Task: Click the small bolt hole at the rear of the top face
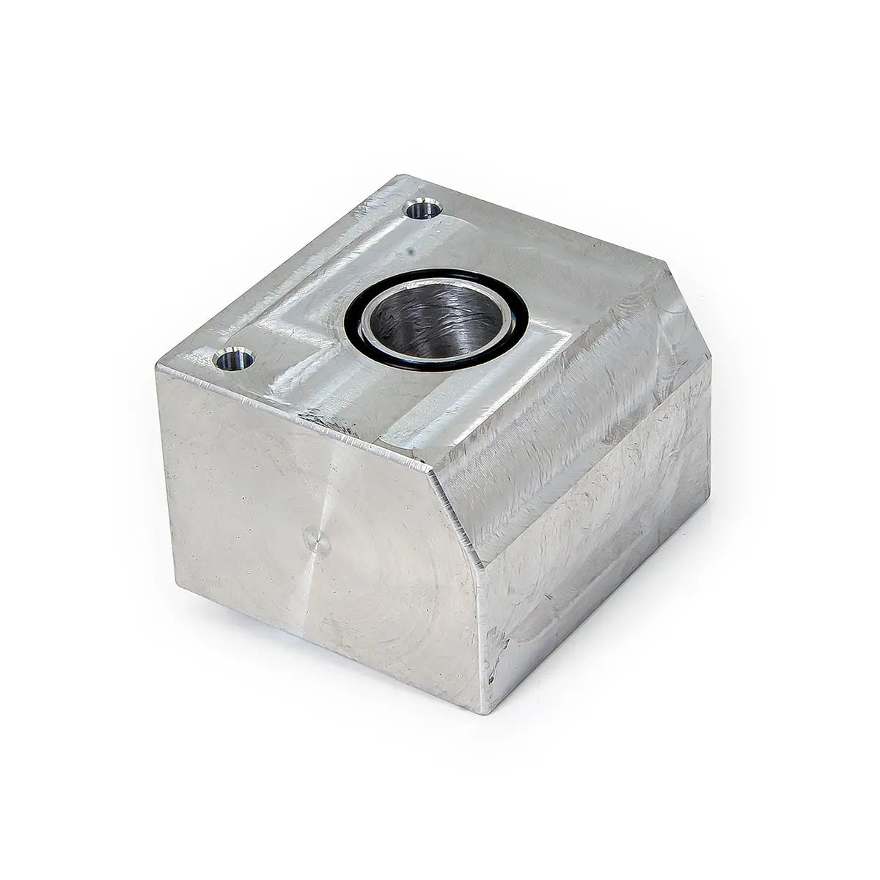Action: [424, 210]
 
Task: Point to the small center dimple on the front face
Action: [318, 543]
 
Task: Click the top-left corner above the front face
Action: [157, 366]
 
